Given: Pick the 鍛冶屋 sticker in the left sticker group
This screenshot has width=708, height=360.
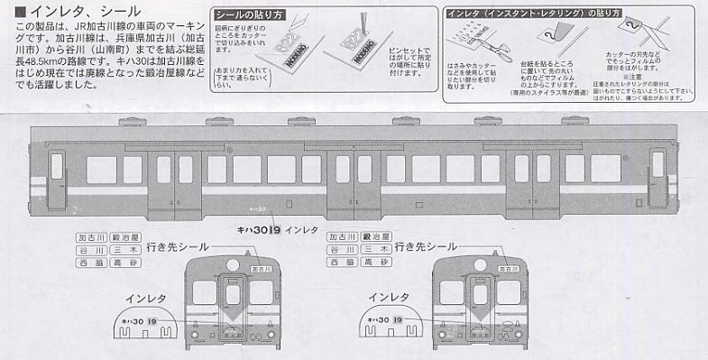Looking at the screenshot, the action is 129,236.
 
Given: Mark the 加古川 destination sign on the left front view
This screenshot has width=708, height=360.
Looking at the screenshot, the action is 262,269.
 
